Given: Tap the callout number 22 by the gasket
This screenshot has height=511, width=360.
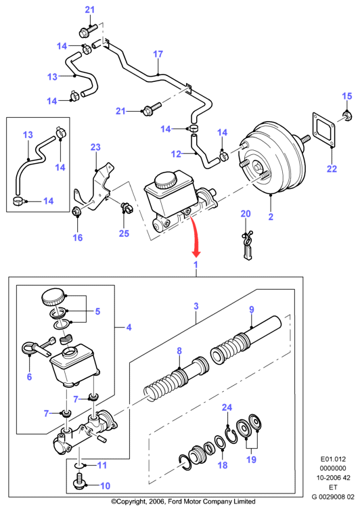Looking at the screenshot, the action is coord(332,169).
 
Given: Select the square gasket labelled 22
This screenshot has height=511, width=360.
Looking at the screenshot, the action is coord(325,131).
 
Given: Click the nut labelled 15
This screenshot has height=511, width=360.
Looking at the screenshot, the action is coord(346,115).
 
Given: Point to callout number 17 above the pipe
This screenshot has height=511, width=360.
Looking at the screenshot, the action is coord(158,54).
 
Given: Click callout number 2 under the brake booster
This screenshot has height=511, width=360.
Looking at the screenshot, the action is coord(271,217).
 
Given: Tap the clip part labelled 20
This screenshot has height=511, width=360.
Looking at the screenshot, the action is coord(247,245).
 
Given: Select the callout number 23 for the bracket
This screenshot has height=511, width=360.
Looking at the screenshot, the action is coord(95,148).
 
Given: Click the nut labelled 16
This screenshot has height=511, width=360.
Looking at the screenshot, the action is coord(76,212).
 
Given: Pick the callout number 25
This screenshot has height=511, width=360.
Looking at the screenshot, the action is coord(124,234).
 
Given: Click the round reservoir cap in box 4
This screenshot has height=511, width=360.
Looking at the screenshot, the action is coord(53,296).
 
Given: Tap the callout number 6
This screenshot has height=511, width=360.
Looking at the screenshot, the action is coord(29,377).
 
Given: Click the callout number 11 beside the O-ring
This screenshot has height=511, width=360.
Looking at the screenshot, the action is coord(102,465).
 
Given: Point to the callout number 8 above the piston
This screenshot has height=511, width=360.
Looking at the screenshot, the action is coord(179,351).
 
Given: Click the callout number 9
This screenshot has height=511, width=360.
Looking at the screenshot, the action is coord(252,309).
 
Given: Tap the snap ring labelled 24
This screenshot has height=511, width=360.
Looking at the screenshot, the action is coord(232,436).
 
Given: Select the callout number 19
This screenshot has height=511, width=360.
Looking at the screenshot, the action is coord(251,460).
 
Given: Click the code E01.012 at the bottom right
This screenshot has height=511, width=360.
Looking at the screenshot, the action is coord(333,459).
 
